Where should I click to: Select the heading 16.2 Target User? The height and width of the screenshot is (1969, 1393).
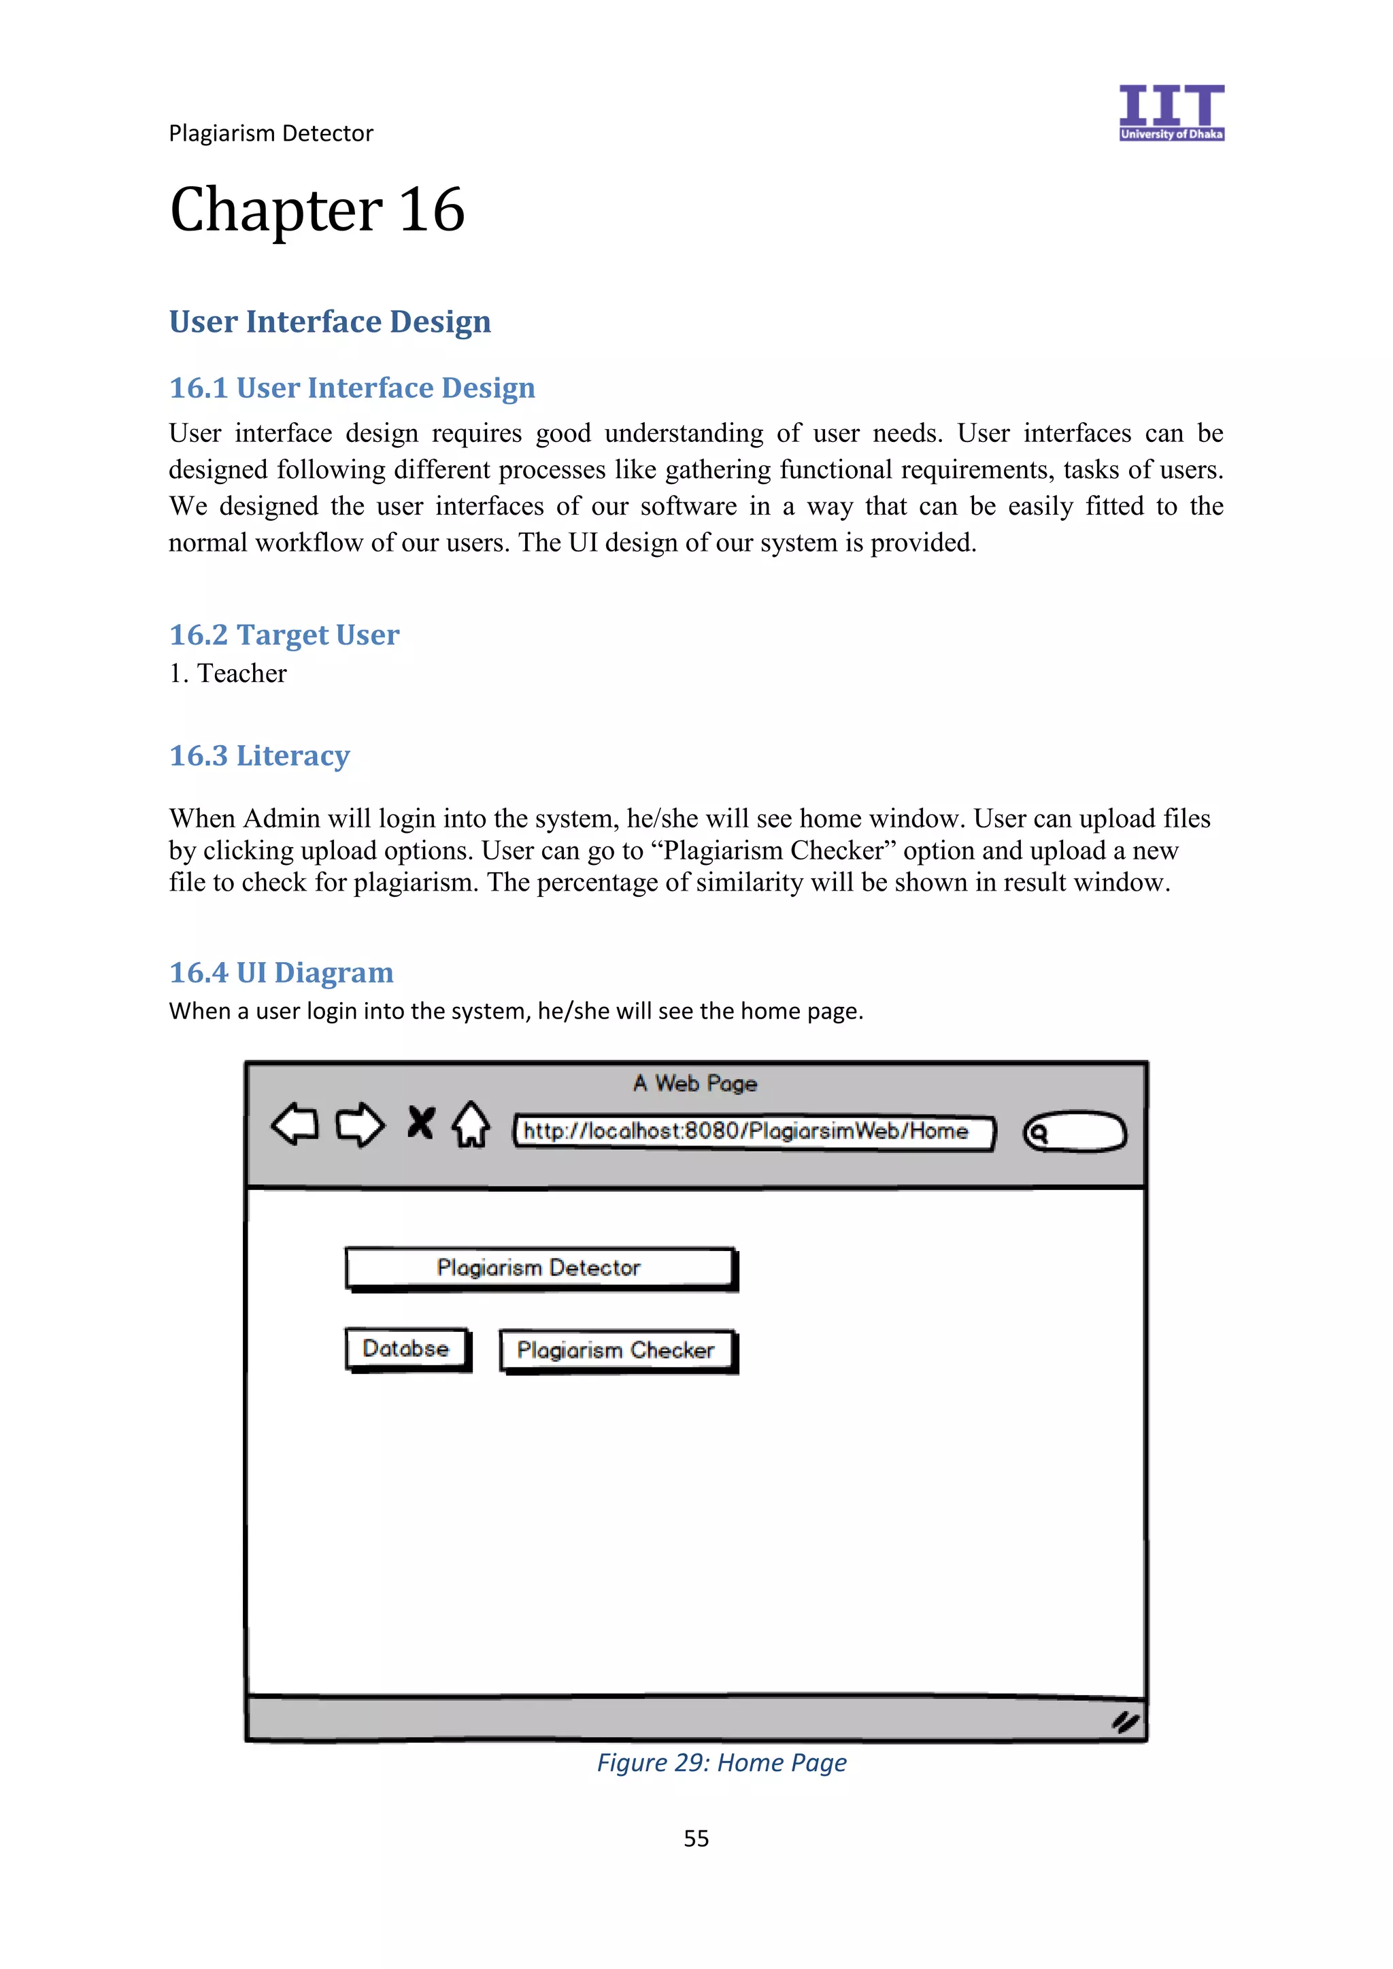click(284, 636)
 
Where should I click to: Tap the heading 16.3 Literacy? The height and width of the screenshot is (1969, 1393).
click(259, 755)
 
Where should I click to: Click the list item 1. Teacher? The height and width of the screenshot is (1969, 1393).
click(228, 674)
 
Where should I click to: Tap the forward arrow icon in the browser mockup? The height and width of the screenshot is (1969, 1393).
click(359, 1125)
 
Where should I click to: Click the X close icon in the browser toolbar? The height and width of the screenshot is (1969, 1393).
click(420, 1122)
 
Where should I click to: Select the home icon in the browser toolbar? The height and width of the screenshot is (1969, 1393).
click(471, 1125)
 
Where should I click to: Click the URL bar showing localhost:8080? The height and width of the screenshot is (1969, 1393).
click(753, 1132)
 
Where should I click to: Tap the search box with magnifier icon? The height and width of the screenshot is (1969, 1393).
click(1075, 1132)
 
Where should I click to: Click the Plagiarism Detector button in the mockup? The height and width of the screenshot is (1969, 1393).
click(539, 1268)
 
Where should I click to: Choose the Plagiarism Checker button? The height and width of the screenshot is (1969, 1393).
click(617, 1351)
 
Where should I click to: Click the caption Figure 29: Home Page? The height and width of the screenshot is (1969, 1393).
click(722, 1763)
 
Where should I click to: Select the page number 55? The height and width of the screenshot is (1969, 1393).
click(696, 1838)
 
